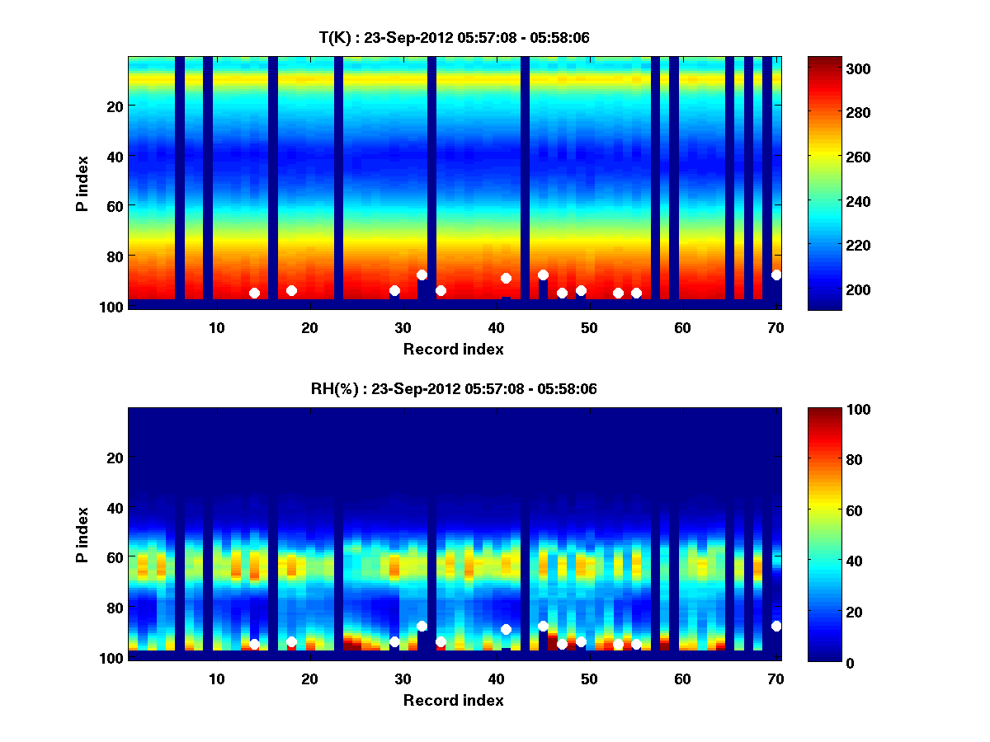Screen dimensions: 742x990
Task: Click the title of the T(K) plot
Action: coord(454,38)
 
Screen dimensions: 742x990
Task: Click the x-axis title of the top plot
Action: coord(453,350)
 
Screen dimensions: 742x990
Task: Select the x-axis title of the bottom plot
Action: coord(453,701)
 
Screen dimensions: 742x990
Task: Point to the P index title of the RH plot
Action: coord(82,534)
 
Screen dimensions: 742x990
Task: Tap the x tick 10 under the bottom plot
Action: coord(216,679)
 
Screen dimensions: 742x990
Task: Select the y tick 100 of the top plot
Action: coord(113,307)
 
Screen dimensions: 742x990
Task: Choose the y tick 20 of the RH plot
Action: coord(116,458)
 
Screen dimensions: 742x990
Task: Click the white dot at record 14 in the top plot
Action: coord(254,293)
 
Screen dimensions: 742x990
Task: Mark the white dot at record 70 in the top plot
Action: coord(776,275)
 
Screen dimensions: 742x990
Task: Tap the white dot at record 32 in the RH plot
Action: coord(422,626)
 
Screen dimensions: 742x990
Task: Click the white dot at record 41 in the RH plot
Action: coord(506,629)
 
